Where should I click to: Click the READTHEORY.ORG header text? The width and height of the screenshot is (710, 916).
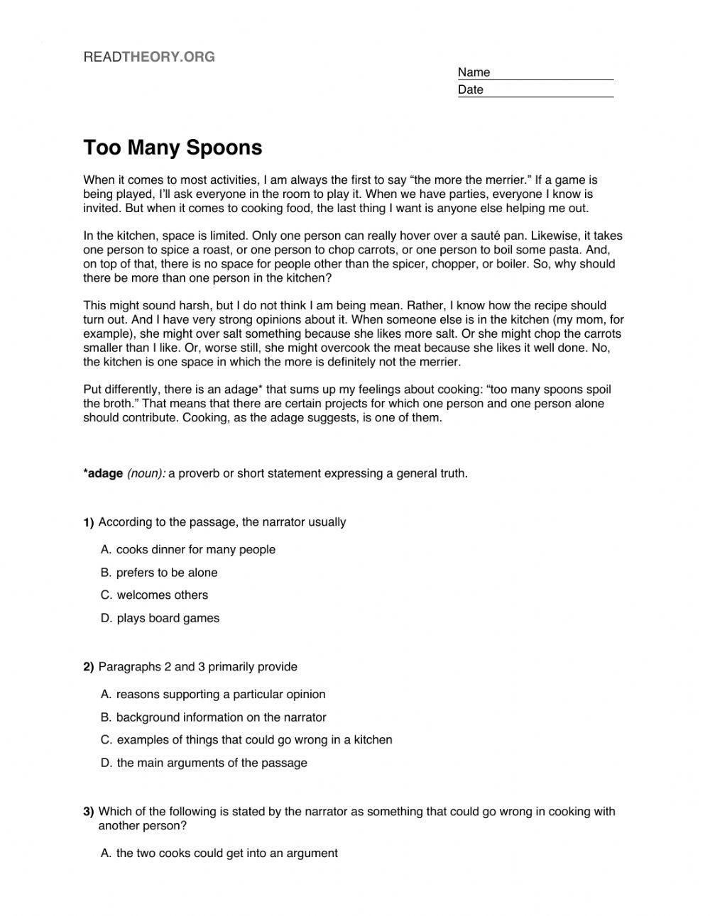[149, 57]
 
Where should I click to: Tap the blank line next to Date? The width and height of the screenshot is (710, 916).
[550, 91]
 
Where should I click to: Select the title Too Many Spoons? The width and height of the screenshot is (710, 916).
[173, 148]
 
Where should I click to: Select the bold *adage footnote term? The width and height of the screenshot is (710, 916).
[104, 473]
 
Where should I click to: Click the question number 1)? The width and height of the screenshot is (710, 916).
[89, 523]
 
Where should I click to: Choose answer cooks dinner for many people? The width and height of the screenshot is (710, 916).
[195, 550]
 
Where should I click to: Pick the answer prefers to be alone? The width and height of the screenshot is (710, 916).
[167, 573]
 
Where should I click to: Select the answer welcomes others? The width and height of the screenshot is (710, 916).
[162, 595]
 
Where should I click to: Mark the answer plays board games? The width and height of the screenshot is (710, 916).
[168, 618]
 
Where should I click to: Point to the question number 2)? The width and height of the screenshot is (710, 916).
[89, 667]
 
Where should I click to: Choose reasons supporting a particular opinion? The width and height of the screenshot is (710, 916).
[221, 695]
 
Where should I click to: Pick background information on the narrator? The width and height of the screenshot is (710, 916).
[221, 717]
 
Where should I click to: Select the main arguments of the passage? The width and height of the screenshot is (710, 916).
[212, 763]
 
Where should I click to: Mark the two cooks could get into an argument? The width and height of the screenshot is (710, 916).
[226, 854]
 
